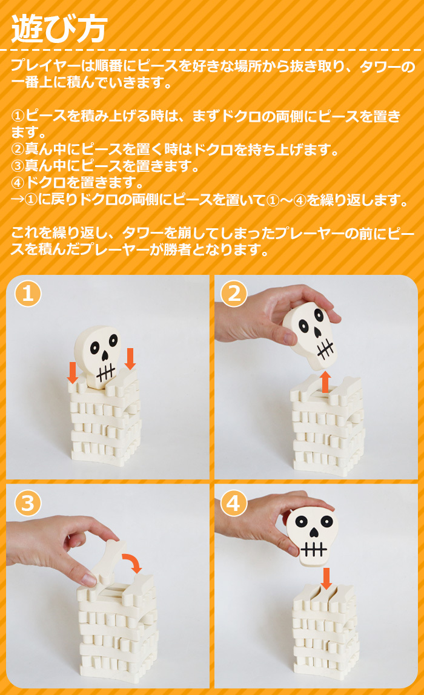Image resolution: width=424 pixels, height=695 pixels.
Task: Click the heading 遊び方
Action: click(59, 29)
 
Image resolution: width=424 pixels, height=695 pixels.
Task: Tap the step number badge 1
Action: click(28, 294)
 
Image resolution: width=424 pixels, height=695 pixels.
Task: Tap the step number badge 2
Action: click(234, 294)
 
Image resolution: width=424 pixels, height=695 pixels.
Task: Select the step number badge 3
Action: click(28, 503)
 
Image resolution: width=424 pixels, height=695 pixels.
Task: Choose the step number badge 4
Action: click(234, 503)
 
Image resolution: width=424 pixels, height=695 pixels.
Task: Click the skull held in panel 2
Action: click(311, 336)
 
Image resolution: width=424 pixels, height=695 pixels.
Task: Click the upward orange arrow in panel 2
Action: click(326, 381)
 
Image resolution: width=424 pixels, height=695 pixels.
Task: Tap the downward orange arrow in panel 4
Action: click(326, 578)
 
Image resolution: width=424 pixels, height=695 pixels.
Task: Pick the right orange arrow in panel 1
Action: click(130, 359)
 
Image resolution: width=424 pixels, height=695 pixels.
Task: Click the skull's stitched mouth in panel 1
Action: click(105, 372)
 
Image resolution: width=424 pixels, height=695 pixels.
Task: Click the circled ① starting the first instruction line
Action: click(18, 116)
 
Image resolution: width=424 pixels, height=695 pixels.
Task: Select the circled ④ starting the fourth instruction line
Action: click(18, 182)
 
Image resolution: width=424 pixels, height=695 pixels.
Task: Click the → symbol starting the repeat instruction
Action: click(18, 199)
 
